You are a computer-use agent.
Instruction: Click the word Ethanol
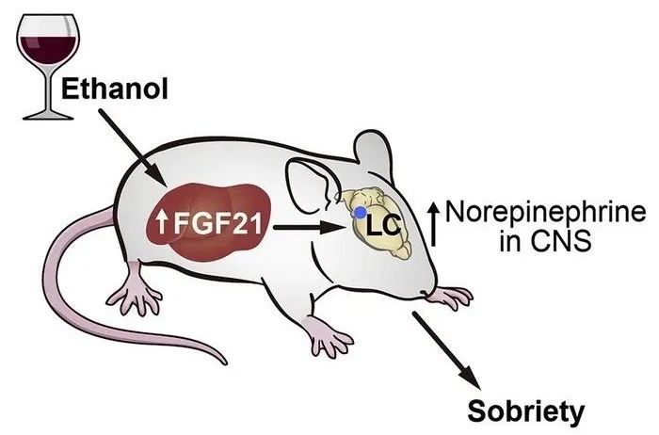pos(114,89)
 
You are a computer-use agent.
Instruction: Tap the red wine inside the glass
pos(48,48)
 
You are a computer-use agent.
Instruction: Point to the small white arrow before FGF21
pos(162,222)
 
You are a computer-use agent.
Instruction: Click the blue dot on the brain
pos(360,213)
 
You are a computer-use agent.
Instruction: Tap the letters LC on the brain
pos(382,226)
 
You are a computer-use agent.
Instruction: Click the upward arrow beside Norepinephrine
pos(434,224)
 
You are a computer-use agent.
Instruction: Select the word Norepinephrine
pos(545,213)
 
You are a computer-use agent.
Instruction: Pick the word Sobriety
pos(526,411)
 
